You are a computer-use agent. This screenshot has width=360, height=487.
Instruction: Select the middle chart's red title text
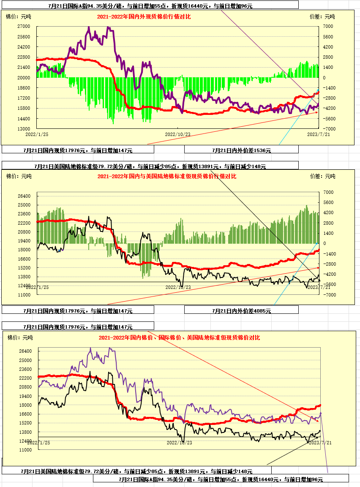167,176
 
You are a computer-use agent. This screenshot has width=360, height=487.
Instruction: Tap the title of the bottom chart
179,337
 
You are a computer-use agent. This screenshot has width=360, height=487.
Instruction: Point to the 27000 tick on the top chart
24,26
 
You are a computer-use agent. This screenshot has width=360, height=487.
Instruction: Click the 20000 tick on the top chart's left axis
24,78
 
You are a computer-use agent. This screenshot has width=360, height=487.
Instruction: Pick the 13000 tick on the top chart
24,129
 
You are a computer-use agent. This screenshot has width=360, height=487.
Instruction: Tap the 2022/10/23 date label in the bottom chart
179,443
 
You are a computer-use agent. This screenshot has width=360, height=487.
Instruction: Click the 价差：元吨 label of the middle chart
322,176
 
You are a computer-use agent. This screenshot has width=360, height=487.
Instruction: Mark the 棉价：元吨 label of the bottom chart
20,337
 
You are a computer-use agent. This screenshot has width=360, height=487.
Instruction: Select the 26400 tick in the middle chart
25,196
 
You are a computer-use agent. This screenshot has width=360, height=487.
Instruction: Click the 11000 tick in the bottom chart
26,450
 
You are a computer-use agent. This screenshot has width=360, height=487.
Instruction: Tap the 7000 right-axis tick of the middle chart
328,192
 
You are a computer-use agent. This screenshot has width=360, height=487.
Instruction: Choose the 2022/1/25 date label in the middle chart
37,287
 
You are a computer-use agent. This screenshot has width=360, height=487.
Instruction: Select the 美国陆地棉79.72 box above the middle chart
150,166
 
